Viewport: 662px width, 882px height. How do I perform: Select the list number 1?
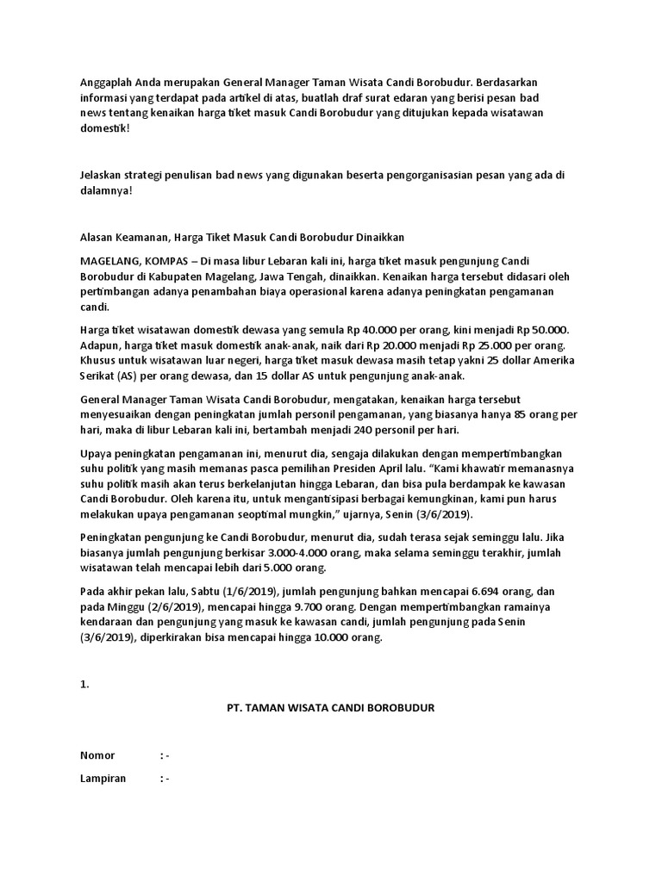click(x=84, y=686)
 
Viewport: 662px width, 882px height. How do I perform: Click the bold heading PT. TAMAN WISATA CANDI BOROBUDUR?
click(x=330, y=708)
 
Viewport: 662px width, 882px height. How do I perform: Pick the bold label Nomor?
click(x=97, y=755)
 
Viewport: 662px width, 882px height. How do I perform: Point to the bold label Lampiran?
click(x=103, y=779)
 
